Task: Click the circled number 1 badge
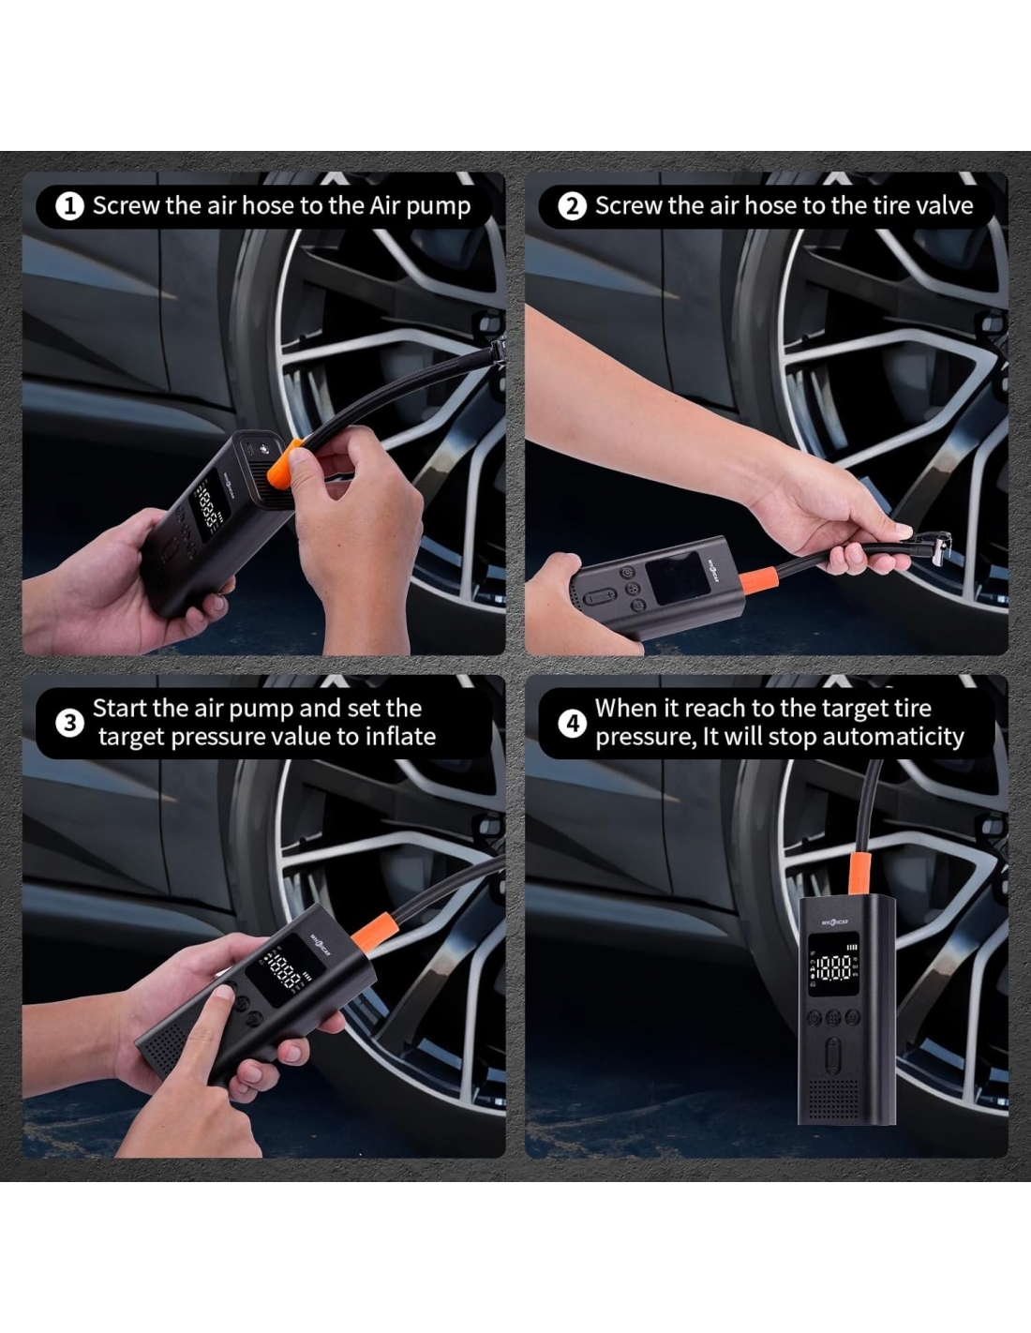click(x=69, y=207)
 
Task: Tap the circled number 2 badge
click(x=573, y=207)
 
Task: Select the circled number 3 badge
click(x=69, y=724)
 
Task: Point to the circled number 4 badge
click(x=573, y=724)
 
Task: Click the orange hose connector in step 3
click(x=373, y=933)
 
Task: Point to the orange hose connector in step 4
click(x=859, y=872)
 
